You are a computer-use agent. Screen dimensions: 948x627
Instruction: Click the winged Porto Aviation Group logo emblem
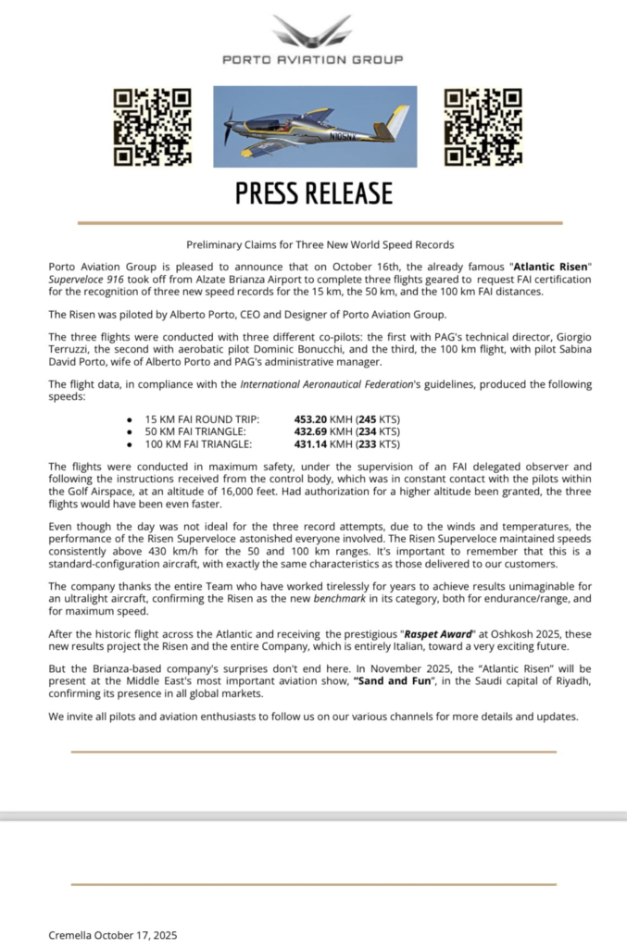(x=313, y=31)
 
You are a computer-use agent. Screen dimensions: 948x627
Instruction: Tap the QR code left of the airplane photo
(x=153, y=127)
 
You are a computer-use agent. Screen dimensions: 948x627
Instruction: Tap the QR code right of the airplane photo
(x=483, y=127)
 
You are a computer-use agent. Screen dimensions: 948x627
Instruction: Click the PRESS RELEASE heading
(x=313, y=193)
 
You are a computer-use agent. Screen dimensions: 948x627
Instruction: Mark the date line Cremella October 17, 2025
(x=112, y=935)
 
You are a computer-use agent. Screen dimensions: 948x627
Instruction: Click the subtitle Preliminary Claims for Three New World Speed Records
(x=320, y=244)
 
